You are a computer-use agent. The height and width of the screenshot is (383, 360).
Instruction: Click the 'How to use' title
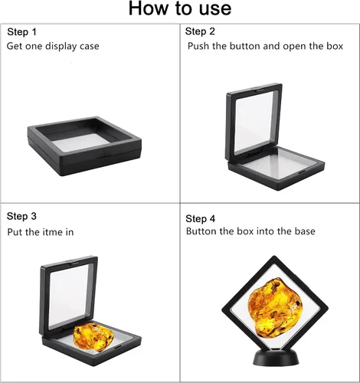click(x=180, y=8)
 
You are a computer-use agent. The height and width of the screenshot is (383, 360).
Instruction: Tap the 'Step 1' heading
click(x=21, y=32)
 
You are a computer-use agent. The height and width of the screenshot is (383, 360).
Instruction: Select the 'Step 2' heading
click(x=200, y=31)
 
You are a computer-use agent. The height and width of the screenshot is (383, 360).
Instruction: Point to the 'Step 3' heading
click(x=21, y=216)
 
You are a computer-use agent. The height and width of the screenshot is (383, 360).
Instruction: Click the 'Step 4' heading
click(x=201, y=218)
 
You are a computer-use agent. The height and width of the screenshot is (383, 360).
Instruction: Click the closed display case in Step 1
click(x=84, y=146)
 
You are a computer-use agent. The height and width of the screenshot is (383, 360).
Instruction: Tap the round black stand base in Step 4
click(x=276, y=358)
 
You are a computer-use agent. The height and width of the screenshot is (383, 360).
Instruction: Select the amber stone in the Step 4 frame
click(x=276, y=309)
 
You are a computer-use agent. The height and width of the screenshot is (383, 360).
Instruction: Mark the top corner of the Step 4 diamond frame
click(x=274, y=256)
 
